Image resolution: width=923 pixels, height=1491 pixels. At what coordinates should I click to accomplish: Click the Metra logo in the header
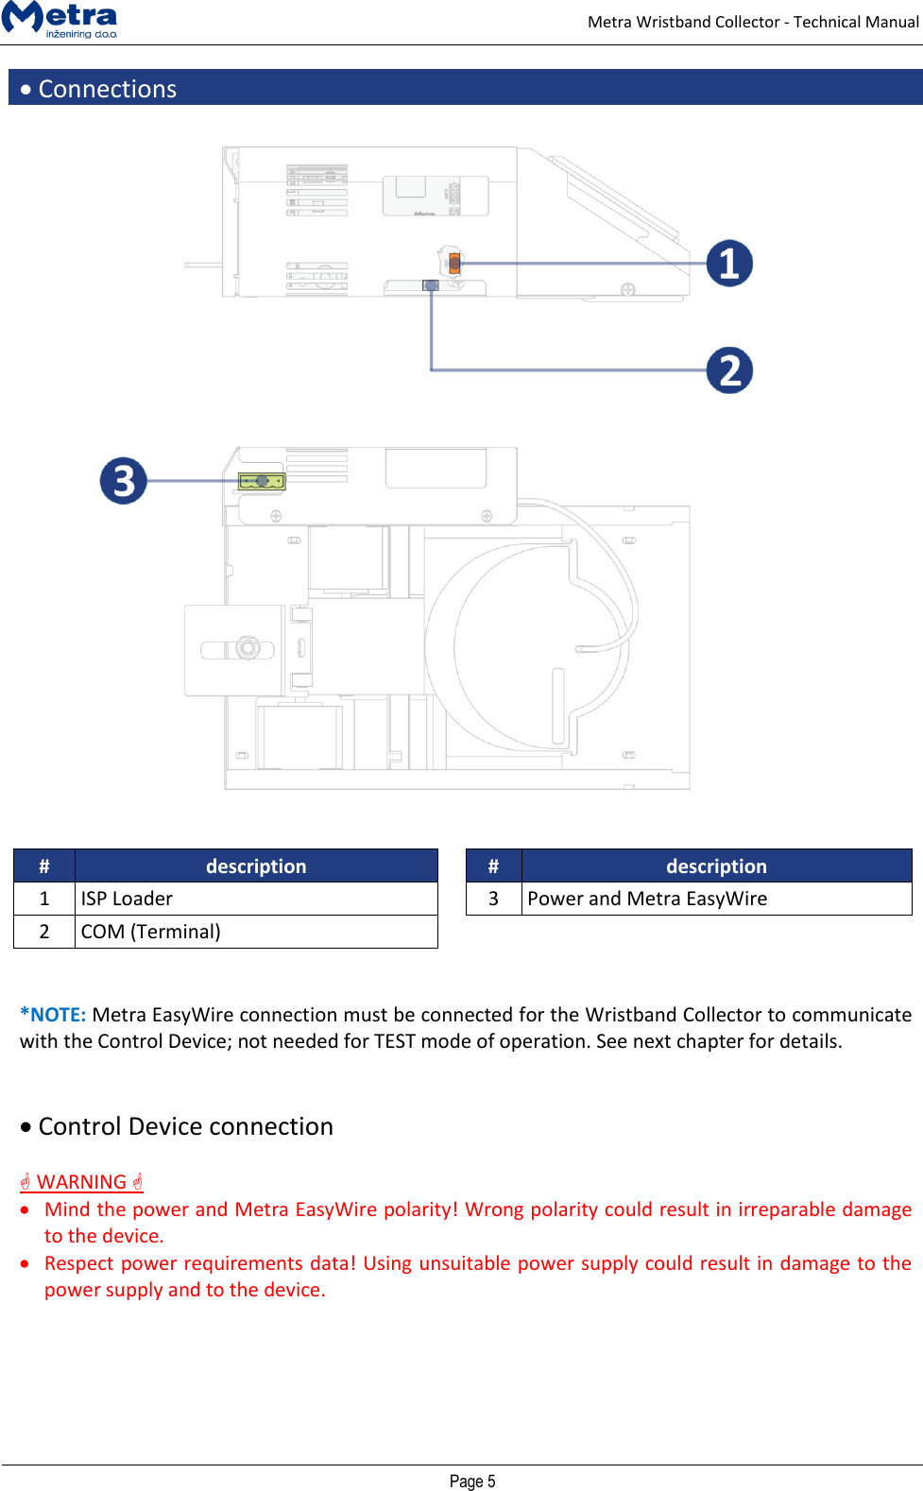(x=60, y=19)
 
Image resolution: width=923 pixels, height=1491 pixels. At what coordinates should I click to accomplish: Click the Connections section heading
(x=107, y=89)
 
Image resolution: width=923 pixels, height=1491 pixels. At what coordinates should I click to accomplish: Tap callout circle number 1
(x=729, y=264)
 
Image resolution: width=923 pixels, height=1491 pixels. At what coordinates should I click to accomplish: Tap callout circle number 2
(x=729, y=370)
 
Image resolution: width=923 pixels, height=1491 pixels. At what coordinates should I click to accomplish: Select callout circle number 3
(x=124, y=481)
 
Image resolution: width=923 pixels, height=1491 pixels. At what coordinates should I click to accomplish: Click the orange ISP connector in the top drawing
(x=454, y=263)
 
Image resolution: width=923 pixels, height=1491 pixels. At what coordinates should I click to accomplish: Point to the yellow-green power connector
(x=262, y=481)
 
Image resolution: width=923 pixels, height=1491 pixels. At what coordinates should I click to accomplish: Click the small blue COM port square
(x=431, y=284)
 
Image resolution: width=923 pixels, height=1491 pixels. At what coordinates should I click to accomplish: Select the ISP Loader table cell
(x=255, y=899)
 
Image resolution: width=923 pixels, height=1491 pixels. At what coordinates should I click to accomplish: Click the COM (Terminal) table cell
(x=255, y=932)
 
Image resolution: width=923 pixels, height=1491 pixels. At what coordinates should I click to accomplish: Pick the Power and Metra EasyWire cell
(x=715, y=899)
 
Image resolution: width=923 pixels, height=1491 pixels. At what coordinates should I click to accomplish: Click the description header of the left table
(x=255, y=866)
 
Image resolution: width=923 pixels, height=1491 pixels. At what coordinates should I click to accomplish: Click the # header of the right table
(x=493, y=866)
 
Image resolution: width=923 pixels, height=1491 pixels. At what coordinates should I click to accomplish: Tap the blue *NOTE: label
(x=53, y=1015)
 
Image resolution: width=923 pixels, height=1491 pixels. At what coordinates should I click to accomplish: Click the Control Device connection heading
(x=185, y=1126)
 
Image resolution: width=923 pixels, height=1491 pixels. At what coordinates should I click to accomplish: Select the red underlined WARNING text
(x=81, y=1182)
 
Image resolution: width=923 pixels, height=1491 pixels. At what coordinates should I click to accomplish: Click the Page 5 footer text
(x=472, y=1481)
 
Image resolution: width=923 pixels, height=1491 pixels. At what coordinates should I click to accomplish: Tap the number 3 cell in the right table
(x=493, y=899)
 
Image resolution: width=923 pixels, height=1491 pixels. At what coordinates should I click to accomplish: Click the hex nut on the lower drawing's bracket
(x=248, y=647)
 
